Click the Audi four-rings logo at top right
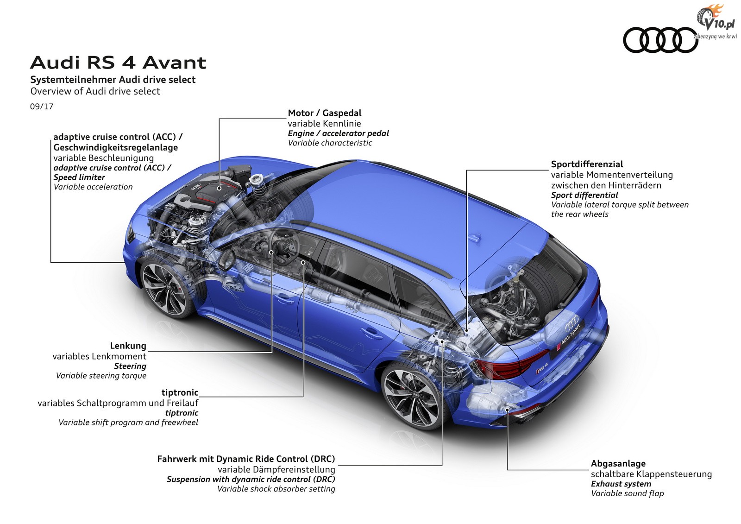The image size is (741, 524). [x=660, y=40]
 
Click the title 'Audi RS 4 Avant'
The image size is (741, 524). [x=118, y=63]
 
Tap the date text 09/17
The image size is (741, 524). [x=42, y=106]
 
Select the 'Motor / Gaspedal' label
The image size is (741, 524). [x=325, y=113]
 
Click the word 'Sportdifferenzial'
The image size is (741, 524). [x=587, y=164]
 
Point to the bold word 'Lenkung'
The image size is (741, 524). [x=128, y=346]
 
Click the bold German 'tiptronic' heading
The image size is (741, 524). [x=180, y=392]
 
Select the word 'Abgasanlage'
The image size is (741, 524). [x=618, y=463]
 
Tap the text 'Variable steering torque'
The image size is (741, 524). [x=101, y=376]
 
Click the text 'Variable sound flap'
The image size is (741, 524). [x=627, y=493]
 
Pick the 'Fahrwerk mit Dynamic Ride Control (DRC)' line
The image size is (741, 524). [x=246, y=459]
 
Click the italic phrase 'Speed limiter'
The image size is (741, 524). [x=79, y=177]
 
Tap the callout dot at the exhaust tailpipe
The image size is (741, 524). [x=508, y=410]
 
